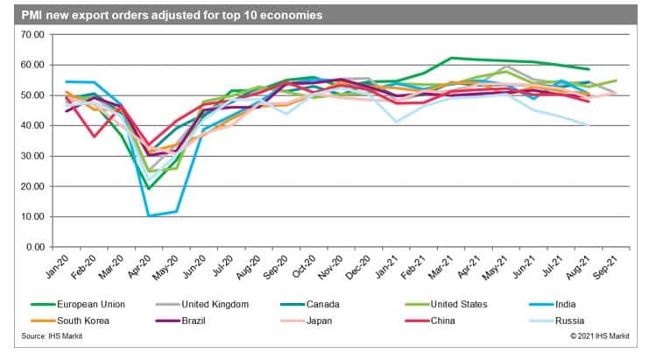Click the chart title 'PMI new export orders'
pos(167,15)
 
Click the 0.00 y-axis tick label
pos(34,247)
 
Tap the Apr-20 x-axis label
pos(138,267)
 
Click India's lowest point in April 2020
pos(150,215)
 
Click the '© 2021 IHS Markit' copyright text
pos(599,335)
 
